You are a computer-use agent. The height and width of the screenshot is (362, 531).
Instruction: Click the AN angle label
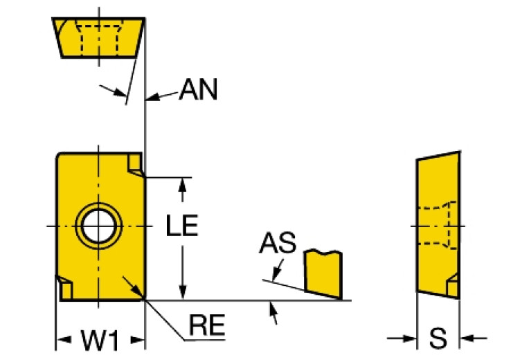coord(198,90)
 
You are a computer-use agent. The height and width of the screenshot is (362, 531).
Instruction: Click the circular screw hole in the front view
coord(98,225)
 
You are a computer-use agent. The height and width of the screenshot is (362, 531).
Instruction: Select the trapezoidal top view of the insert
coord(98,37)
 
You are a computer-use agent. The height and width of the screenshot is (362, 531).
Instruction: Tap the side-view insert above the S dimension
coord(438,225)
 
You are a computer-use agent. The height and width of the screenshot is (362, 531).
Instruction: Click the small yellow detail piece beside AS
coord(323,273)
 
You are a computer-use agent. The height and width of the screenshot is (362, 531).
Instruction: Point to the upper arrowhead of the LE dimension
coord(183,183)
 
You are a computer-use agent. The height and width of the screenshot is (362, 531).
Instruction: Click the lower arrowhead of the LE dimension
coord(183,293)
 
